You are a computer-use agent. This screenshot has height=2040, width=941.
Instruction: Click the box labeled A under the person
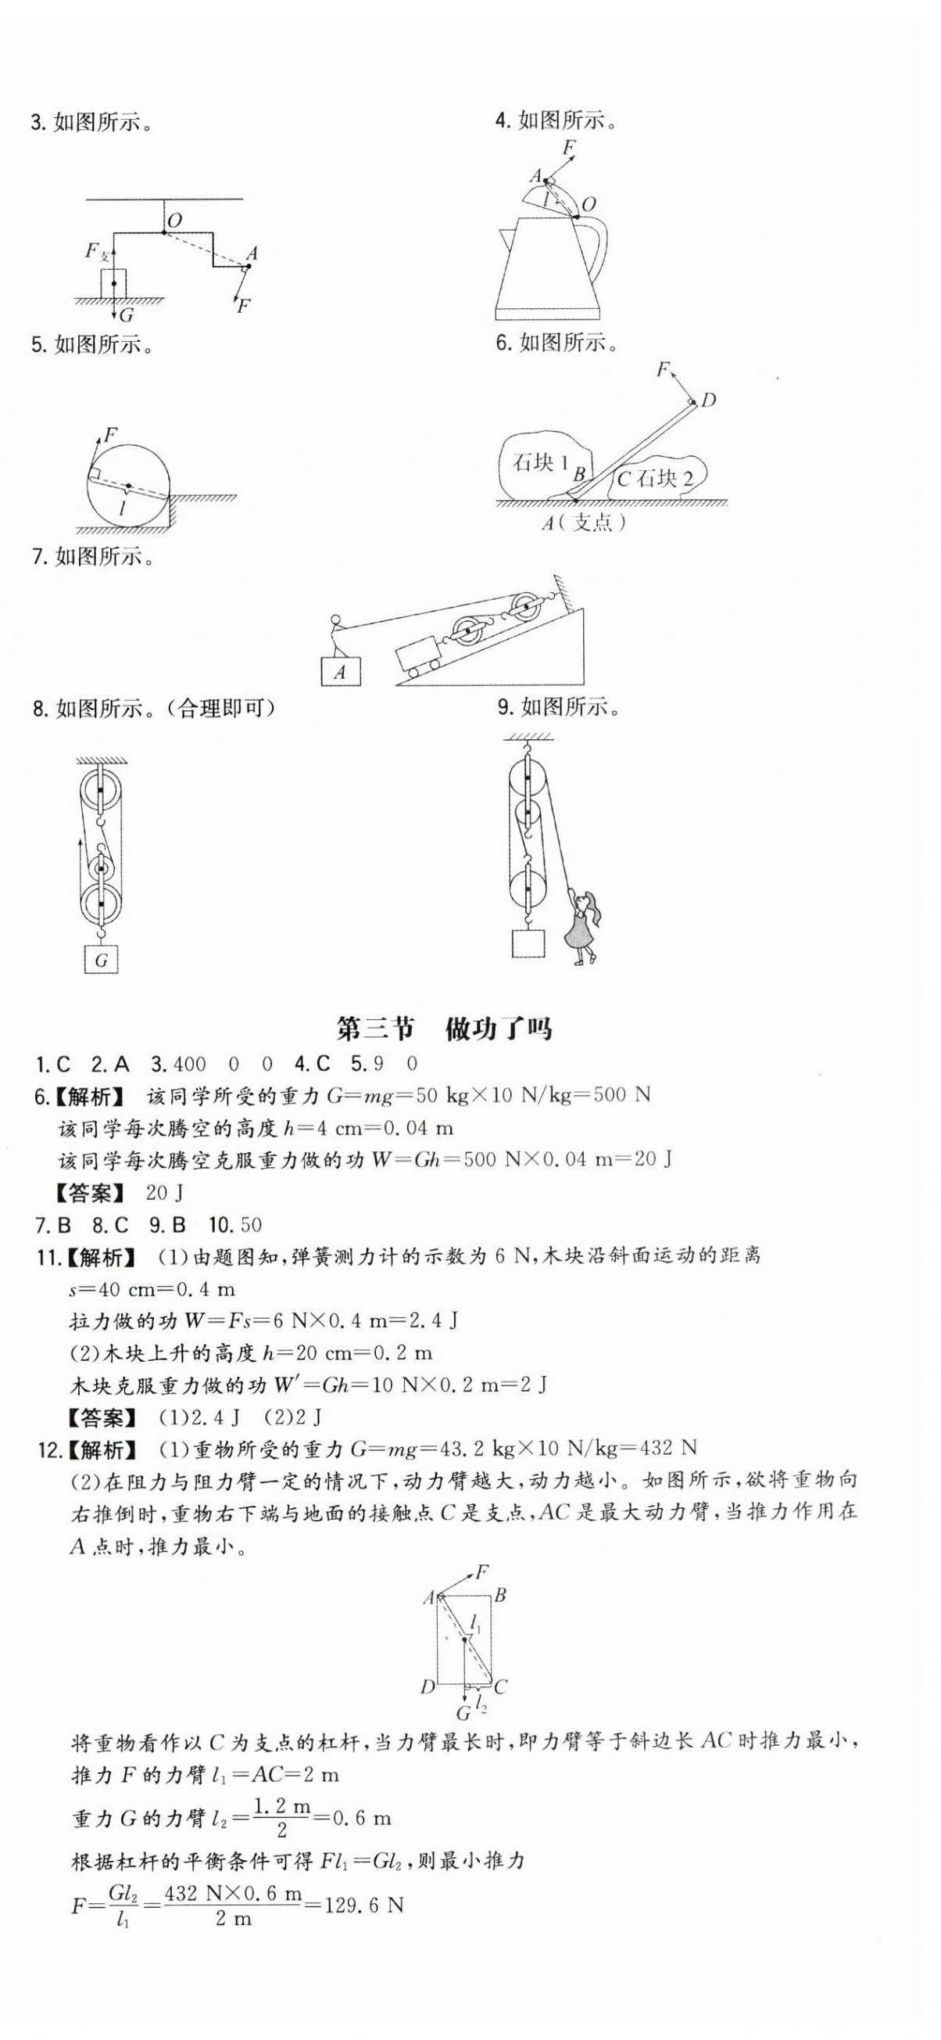(340, 672)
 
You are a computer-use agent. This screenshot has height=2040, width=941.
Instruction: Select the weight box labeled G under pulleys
(102, 960)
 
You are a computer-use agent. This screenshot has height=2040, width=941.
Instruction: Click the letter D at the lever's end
(707, 400)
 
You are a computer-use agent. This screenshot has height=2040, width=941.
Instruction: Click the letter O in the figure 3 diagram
(175, 220)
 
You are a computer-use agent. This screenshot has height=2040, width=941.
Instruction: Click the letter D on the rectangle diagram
(428, 1687)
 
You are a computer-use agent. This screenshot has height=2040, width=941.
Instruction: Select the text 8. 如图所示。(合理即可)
(154, 708)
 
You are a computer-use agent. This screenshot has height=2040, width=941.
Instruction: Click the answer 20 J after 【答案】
(166, 1192)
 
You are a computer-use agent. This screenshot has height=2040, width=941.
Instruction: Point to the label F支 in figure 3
(98, 253)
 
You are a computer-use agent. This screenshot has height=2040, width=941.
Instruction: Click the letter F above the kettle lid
(568, 147)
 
